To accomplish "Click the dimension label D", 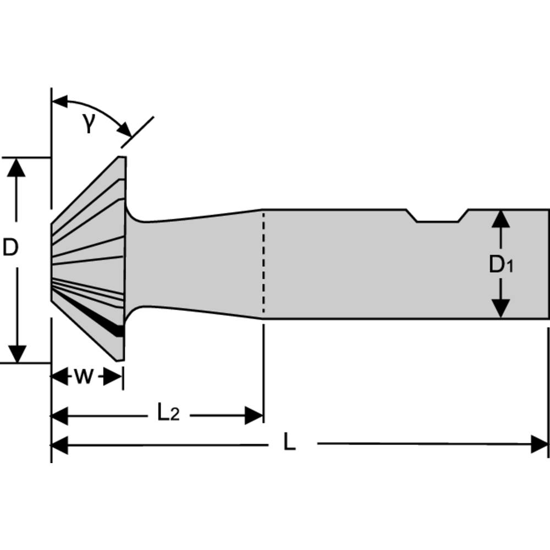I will [x=10, y=248].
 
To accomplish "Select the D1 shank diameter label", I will [x=501, y=265].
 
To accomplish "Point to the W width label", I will [x=83, y=377].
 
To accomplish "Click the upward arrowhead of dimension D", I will [x=18, y=167].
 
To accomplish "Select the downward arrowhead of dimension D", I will [x=18, y=354].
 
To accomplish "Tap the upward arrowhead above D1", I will [x=499, y=219].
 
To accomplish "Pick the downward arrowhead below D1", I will [x=499, y=309].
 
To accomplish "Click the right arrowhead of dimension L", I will [x=540, y=444].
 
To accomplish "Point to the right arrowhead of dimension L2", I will [x=255, y=416].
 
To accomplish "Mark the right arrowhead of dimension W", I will [x=114, y=377].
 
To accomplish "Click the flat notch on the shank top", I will [x=438, y=221].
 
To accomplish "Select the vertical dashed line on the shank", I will [x=263, y=264].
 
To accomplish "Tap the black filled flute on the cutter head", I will [x=113, y=327].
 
